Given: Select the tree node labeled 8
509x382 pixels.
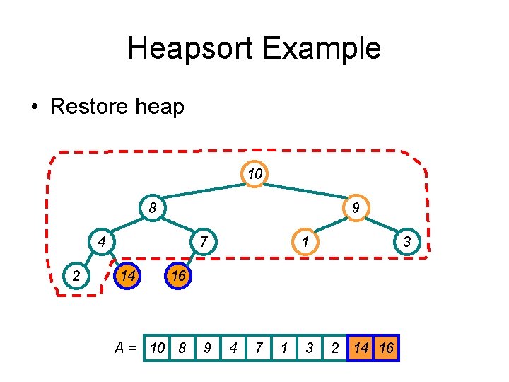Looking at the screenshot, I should pyautogui.click(x=153, y=208).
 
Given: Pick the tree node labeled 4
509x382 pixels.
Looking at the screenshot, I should pyautogui.click(x=102, y=242).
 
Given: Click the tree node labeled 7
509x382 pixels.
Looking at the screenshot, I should pyautogui.click(x=203, y=242).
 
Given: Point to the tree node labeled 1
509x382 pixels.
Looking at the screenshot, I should pyautogui.click(x=305, y=242).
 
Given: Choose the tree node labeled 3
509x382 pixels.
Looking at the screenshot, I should pyautogui.click(x=406, y=242).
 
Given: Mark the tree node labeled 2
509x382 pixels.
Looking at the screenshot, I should pyautogui.click(x=76, y=275).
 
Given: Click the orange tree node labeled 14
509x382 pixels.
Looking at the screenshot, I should pyautogui.click(x=127, y=275).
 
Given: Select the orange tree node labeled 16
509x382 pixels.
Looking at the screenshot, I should pyautogui.click(x=178, y=275).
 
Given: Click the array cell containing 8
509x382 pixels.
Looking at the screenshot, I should pyautogui.click(x=183, y=348).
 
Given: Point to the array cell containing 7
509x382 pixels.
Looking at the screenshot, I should pyautogui.click(x=259, y=348).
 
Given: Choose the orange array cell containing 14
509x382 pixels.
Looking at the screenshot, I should pyautogui.click(x=361, y=348).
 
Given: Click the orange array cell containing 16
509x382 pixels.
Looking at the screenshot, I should pyautogui.click(x=387, y=348).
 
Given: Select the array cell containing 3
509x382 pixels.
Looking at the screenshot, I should pyautogui.click(x=310, y=348).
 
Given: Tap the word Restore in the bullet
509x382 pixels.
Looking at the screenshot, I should pyautogui.click(x=83, y=107).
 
